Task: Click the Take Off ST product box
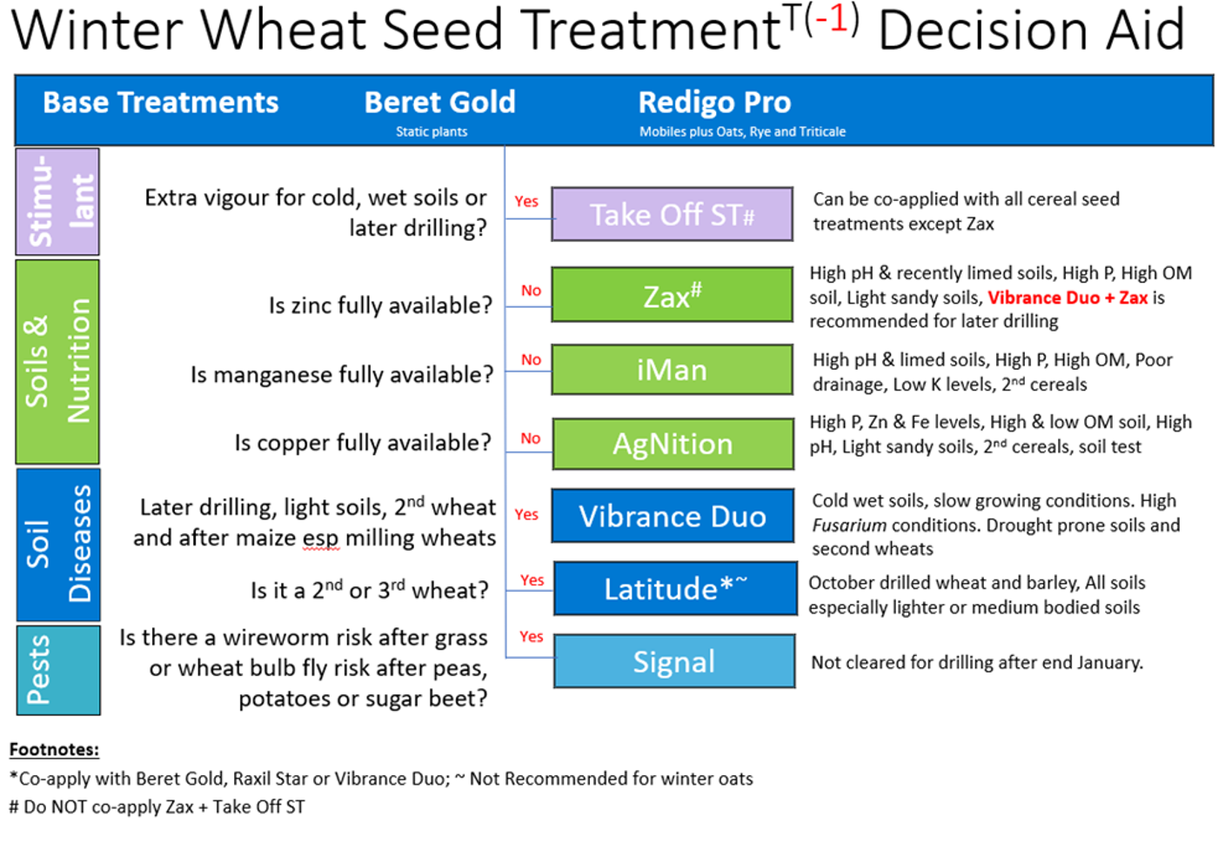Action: click(x=672, y=214)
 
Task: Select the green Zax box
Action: click(x=672, y=295)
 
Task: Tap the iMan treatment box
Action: click(x=672, y=370)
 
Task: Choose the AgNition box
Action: click(x=673, y=444)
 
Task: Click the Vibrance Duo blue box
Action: click(x=673, y=516)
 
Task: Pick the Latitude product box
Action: click(x=675, y=588)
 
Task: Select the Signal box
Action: click(x=674, y=661)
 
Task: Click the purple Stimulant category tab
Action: click(x=57, y=201)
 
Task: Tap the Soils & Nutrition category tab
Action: click(x=57, y=362)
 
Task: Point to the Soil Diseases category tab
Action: click(x=58, y=545)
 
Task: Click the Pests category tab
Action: click(x=58, y=670)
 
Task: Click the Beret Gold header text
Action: click(x=440, y=103)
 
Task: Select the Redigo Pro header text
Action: click(x=714, y=103)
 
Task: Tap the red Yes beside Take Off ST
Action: click(x=526, y=201)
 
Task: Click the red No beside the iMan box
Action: click(x=532, y=359)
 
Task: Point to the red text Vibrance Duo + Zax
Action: click(x=1067, y=298)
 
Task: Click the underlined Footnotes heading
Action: click(x=54, y=749)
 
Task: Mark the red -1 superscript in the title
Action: click(x=832, y=18)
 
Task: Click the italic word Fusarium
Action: click(x=849, y=525)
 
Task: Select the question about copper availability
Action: click(x=363, y=443)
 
